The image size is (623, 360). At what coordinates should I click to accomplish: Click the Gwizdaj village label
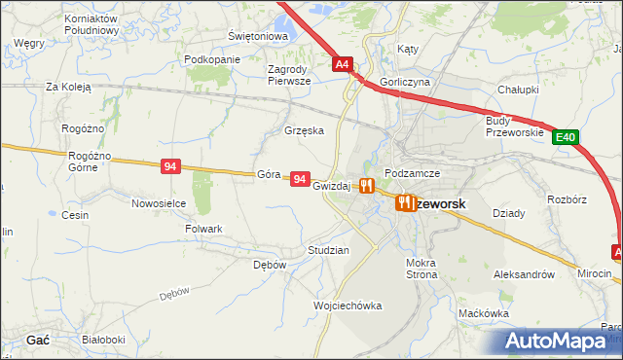pyautogui.click(x=331, y=186)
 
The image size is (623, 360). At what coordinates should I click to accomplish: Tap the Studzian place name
pyautogui.click(x=328, y=250)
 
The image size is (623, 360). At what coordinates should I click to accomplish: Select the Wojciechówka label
pyautogui.click(x=348, y=306)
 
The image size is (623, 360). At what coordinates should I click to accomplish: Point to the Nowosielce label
pyautogui.click(x=159, y=203)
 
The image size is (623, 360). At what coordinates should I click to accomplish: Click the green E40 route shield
pyautogui.click(x=567, y=138)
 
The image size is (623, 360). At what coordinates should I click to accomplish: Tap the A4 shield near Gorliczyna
pyautogui.click(x=342, y=65)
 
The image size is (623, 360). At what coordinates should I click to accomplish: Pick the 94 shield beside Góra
pyautogui.click(x=300, y=180)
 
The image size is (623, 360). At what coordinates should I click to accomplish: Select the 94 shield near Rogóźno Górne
pyautogui.click(x=170, y=167)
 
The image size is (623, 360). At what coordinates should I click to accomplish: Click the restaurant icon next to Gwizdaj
pyautogui.click(x=366, y=185)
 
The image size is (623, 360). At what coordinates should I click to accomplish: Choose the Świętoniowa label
pyautogui.click(x=258, y=37)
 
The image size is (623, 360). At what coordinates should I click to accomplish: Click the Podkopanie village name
pyautogui.click(x=211, y=59)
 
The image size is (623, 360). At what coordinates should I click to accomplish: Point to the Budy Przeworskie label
pyautogui.click(x=512, y=126)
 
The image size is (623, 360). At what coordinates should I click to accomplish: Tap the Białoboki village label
pyautogui.click(x=104, y=340)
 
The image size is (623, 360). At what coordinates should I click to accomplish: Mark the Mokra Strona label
pyautogui.click(x=421, y=269)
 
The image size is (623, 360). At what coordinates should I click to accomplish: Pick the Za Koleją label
pyautogui.click(x=68, y=87)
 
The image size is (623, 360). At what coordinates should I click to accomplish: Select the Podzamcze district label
pyautogui.click(x=413, y=172)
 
